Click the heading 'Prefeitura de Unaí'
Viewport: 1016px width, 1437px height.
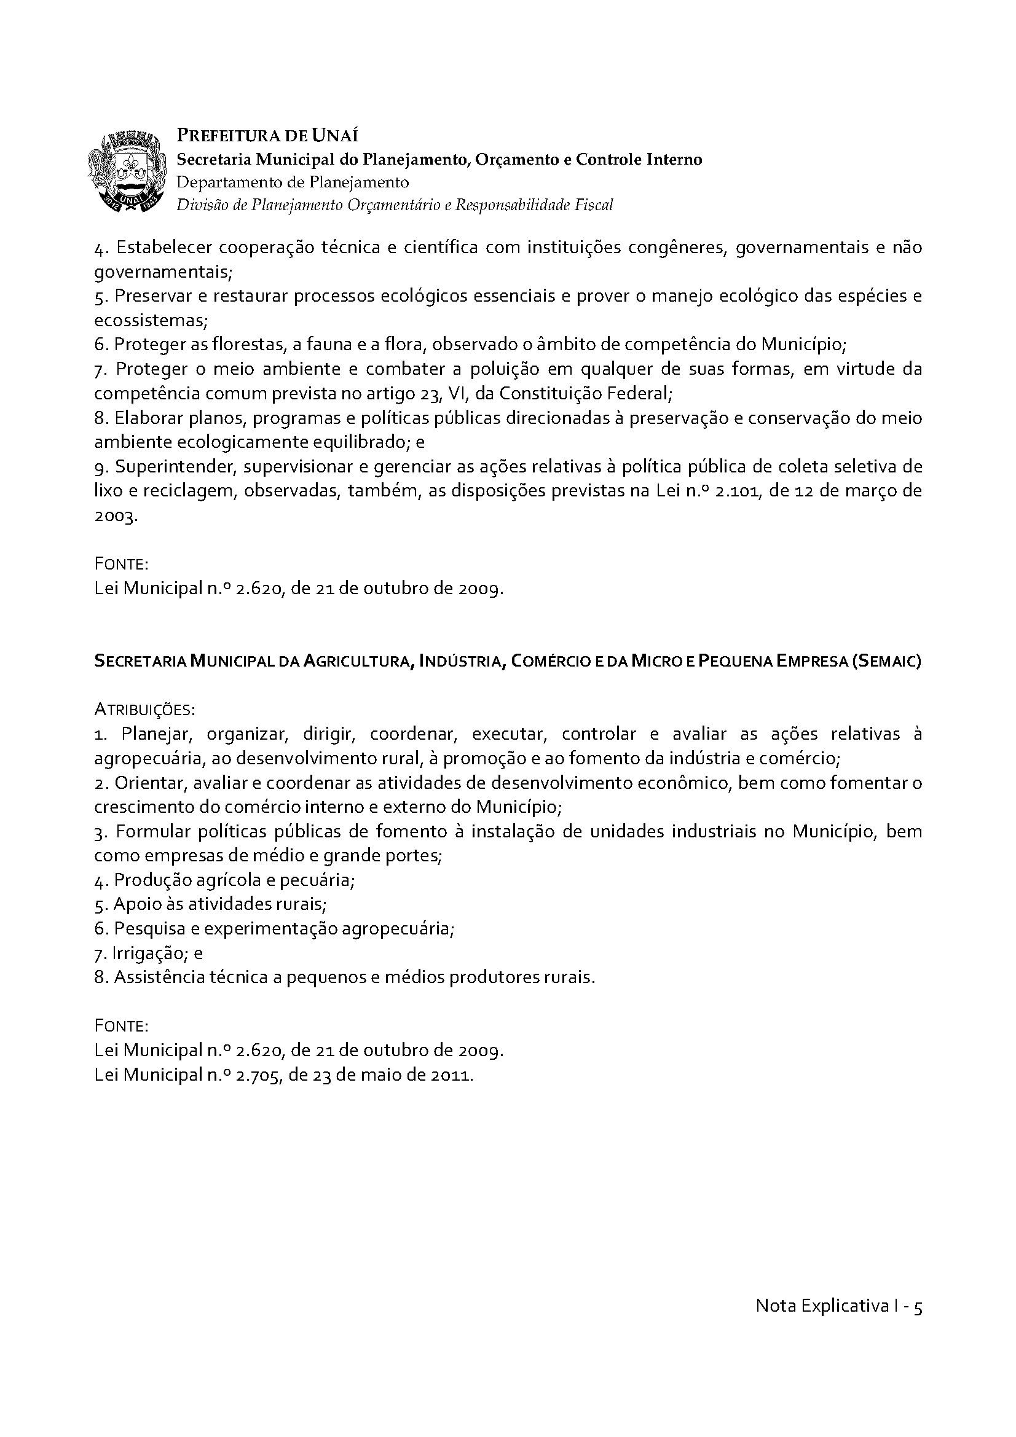click(x=267, y=135)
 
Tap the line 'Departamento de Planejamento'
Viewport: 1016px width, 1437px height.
click(x=293, y=182)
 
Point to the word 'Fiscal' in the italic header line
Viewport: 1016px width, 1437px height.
click(x=594, y=205)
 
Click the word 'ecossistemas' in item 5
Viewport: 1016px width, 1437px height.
click(x=148, y=321)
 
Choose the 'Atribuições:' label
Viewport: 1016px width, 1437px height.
click(x=144, y=710)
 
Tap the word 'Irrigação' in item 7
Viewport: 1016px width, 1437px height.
click(x=147, y=953)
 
